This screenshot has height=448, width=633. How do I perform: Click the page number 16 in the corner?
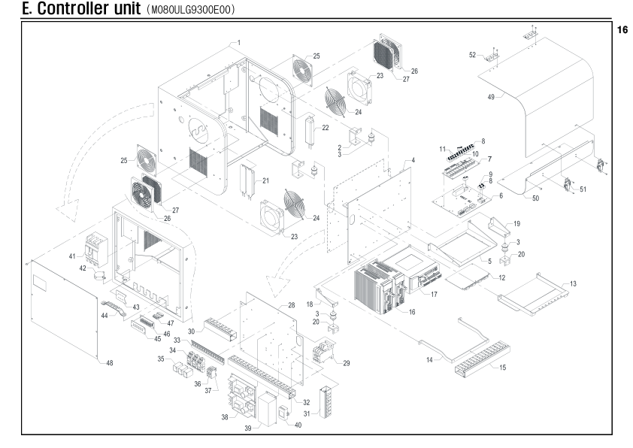tap(622, 30)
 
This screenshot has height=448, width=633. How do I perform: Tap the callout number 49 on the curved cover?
tap(491, 97)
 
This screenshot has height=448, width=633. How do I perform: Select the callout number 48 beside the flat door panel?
tap(110, 363)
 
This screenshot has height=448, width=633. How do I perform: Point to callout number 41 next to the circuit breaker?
tap(72, 256)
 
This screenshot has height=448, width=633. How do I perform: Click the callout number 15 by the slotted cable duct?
tap(503, 368)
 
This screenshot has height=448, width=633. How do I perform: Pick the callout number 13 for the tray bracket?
tap(574, 283)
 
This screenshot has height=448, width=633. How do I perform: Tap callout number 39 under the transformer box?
tap(248, 428)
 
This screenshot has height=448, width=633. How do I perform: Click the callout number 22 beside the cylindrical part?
tap(326, 128)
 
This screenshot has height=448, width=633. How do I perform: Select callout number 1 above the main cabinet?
tap(239, 42)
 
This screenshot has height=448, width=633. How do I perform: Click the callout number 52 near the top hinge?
tap(472, 55)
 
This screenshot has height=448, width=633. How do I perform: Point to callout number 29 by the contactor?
tap(347, 363)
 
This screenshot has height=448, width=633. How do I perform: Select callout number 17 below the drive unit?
tap(434, 294)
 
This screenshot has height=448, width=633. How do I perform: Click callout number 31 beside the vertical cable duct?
tap(307, 413)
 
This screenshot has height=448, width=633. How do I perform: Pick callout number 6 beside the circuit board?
tap(501, 195)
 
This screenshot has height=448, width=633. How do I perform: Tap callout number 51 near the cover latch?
tap(583, 189)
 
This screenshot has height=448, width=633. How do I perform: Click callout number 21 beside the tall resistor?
tap(265, 180)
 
